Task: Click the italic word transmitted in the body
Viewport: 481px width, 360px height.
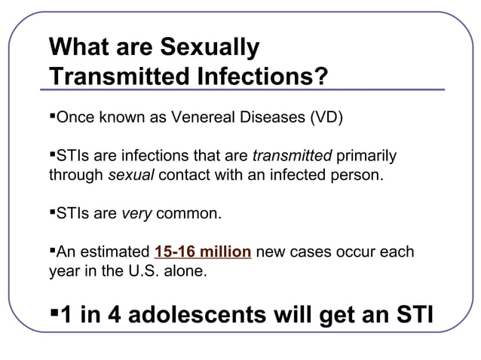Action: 292,157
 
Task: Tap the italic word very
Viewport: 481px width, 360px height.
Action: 136,214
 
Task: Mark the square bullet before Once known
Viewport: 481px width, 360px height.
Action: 52,117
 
